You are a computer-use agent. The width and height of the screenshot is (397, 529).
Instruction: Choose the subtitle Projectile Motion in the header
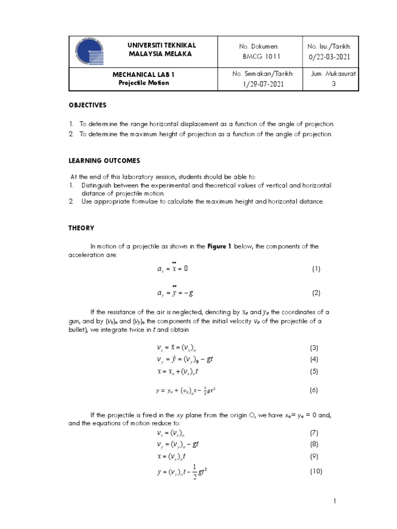click(143, 83)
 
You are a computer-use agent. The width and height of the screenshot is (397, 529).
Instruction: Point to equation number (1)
click(316, 269)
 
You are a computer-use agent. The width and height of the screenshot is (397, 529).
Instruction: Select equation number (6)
click(314, 391)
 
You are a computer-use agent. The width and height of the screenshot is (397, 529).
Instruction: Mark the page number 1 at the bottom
click(335, 501)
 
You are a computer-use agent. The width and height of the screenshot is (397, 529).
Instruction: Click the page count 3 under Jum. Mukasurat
click(333, 84)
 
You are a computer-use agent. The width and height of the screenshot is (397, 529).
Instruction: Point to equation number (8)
click(314, 444)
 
